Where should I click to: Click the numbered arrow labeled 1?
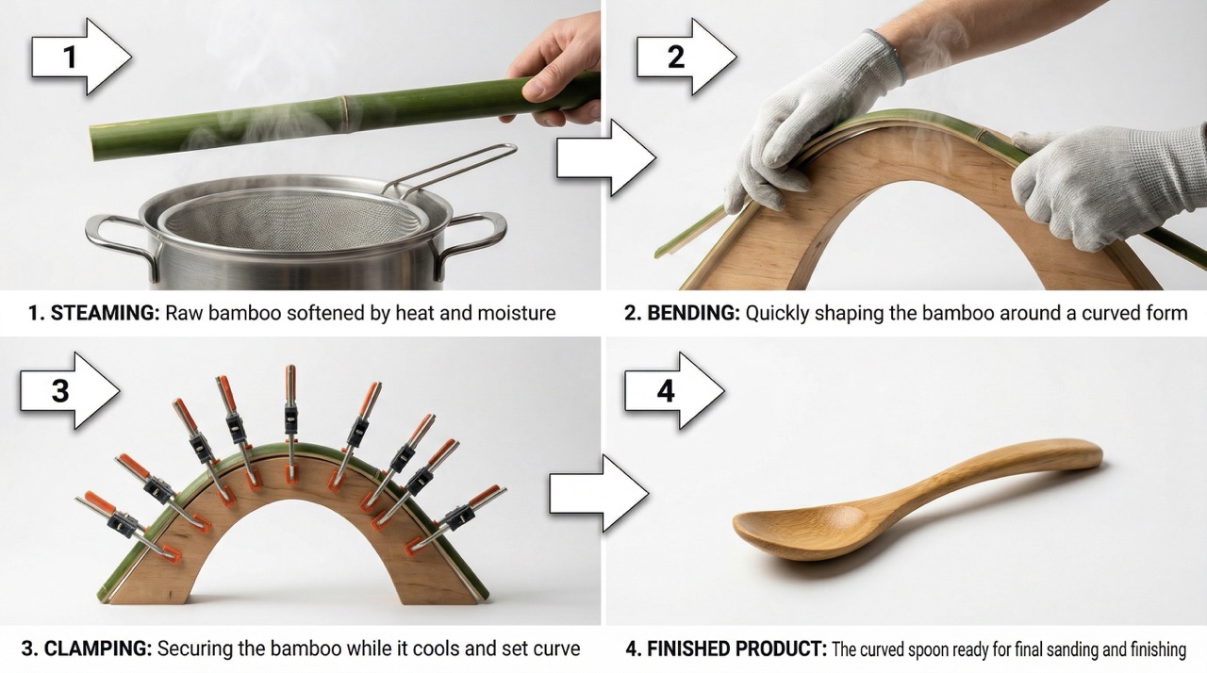(x=81, y=57)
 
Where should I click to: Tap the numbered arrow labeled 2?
(x=686, y=57)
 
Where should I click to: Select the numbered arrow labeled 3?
(x=70, y=390)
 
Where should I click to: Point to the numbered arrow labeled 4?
(x=674, y=390)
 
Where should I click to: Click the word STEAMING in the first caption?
(x=105, y=313)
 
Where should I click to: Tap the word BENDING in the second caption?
(x=693, y=313)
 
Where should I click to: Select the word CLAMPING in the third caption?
(x=98, y=648)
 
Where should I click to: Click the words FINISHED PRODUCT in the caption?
(x=736, y=648)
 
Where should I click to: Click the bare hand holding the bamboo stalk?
(x=555, y=70)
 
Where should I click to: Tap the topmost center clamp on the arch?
(x=291, y=420)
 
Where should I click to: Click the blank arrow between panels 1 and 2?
(x=606, y=157)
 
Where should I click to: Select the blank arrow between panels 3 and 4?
(x=599, y=493)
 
